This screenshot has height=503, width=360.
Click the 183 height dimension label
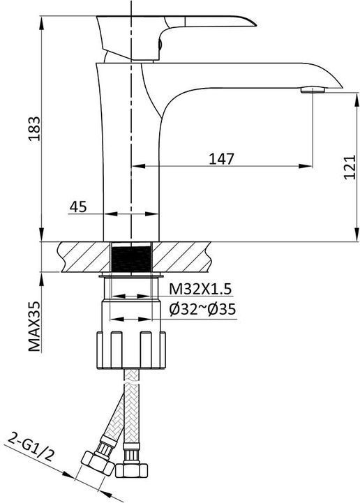(35, 128)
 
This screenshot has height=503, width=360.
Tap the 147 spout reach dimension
(221, 158)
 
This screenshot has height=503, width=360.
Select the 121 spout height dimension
(350, 167)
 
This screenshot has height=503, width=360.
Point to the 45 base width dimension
(78, 207)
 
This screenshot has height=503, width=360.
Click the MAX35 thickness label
(35, 326)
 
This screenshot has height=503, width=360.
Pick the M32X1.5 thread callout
(200, 289)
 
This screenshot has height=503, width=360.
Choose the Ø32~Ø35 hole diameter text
(203, 310)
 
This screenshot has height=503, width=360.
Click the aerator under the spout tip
(313, 89)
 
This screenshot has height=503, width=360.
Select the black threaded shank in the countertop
(131, 257)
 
